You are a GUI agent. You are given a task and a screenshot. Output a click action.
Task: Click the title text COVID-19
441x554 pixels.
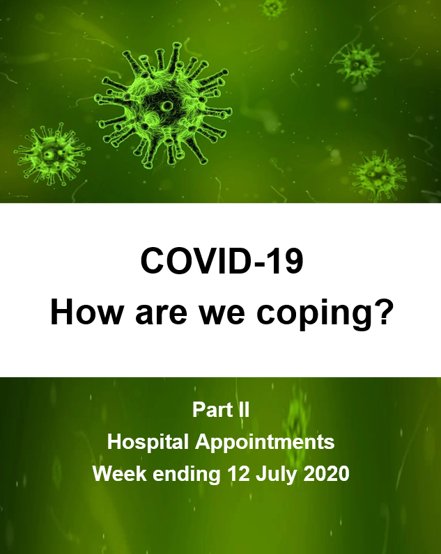click(x=222, y=261)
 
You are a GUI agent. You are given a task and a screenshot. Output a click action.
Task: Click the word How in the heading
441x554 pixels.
click(x=86, y=312)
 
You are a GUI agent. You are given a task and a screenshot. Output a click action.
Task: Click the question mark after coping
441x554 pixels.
click(x=382, y=312)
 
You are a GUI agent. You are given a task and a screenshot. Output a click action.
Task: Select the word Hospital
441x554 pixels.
click(x=148, y=443)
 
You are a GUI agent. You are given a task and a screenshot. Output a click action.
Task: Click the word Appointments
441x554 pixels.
click(x=265, y=443)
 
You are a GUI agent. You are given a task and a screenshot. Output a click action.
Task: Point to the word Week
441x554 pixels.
click(x=120, y=473)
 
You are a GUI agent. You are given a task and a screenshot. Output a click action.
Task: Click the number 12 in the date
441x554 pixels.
click(x=239, y=473)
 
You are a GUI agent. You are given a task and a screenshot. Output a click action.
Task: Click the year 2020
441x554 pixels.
click(x=327, y=473)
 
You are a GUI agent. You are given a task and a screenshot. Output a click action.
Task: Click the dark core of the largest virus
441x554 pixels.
click(x=164, y=106)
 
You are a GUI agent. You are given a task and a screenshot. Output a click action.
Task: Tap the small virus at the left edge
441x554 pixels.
click(x=52, y=155)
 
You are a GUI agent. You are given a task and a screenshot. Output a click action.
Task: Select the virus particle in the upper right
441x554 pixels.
click(x=358, y=63)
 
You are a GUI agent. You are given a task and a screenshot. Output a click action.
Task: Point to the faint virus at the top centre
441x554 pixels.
click(x=273, y=8)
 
